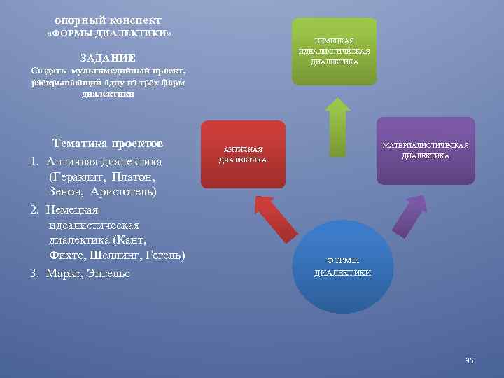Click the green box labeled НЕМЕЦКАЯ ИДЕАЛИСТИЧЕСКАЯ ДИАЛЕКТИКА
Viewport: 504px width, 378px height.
click(334, 52)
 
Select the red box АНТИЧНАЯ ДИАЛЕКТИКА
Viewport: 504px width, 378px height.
click(243, 155)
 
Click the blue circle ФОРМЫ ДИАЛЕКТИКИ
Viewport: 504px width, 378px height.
click(342, 267)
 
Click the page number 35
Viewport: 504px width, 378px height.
click(469, 360)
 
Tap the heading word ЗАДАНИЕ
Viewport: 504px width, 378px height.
click(108, 58)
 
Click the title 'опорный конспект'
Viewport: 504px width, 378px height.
click(108, 21)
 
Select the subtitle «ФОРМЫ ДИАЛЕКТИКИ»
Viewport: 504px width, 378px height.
click(108, 34)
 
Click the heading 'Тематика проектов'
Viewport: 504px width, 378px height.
click(108, 143)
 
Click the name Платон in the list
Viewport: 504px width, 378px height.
click(129, 176)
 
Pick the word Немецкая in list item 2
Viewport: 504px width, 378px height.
click(73, 209)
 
